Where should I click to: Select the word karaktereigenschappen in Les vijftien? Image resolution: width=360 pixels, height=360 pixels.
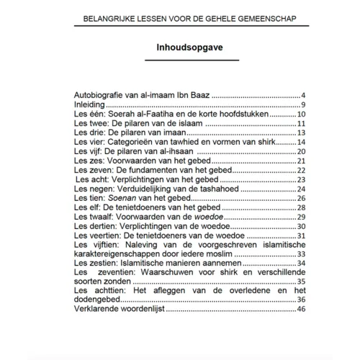124,254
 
